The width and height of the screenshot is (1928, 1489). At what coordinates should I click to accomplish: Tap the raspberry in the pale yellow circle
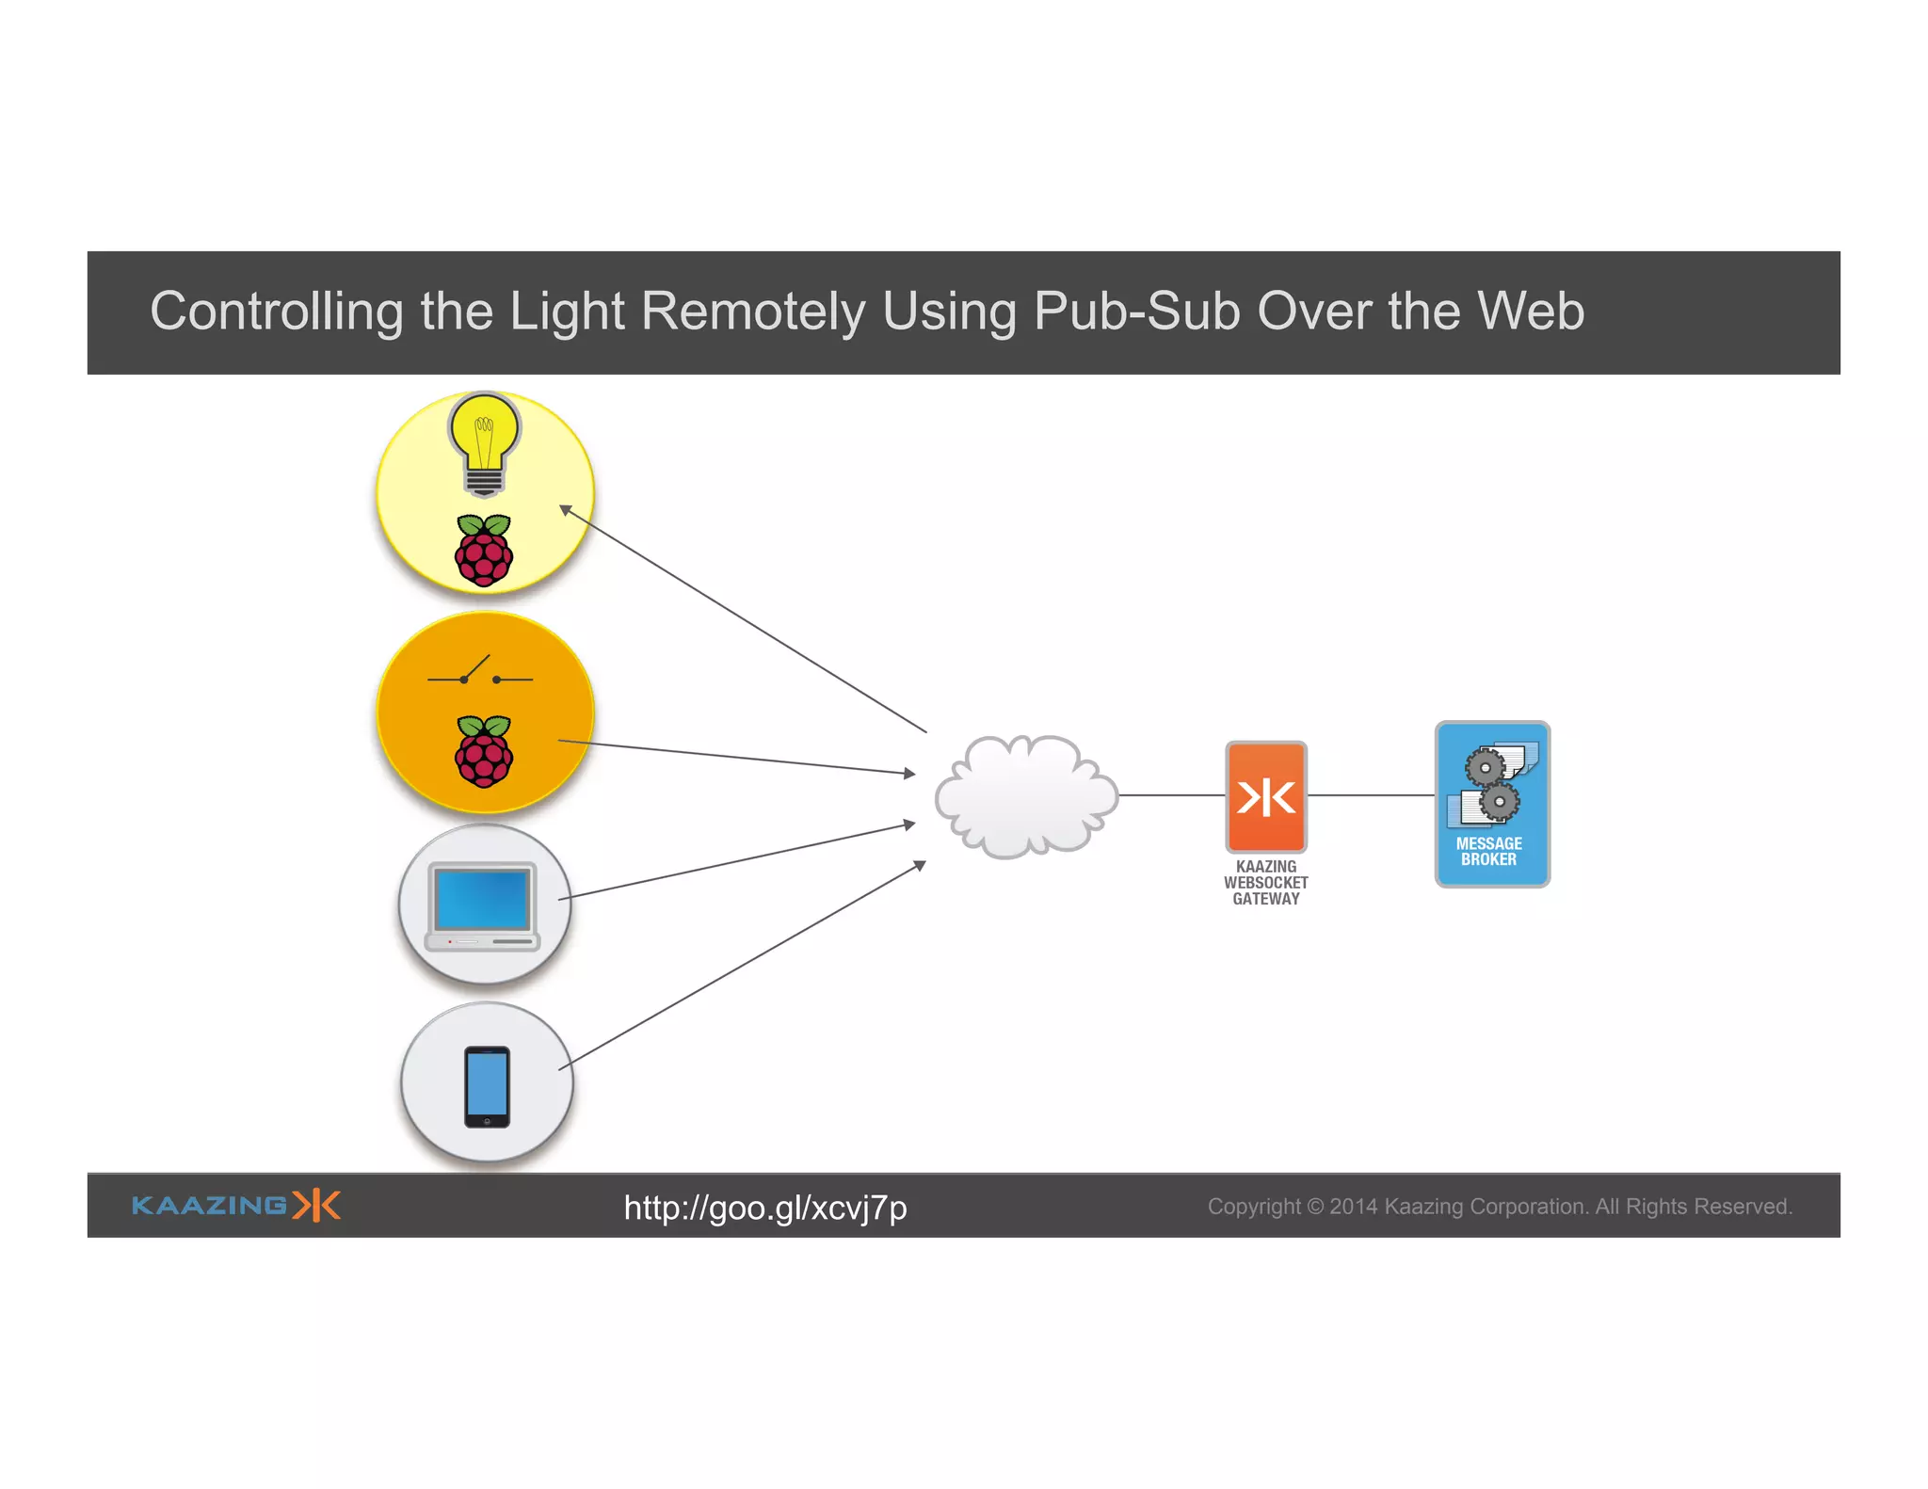pos(484,551)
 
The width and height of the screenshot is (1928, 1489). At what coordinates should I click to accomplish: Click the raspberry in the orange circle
pos(484,751)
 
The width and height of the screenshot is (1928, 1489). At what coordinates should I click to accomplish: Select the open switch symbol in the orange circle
pos(480,673)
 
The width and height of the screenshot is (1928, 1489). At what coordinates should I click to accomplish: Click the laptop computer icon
pos(483,906)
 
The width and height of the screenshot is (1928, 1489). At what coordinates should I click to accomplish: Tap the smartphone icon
pos(487,1086)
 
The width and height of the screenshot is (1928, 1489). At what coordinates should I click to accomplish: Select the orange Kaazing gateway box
pos(1265,796)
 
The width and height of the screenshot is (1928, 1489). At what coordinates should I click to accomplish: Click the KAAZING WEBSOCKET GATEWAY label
pos(1265,883)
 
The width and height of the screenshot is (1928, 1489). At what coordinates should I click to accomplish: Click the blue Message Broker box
pos(1492,805)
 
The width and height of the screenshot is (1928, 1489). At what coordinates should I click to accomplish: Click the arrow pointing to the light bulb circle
pos(744,619)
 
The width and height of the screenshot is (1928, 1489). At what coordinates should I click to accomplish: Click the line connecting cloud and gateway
pos(1172,795)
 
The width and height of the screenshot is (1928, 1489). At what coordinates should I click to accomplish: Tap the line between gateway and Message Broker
pos(1371,795)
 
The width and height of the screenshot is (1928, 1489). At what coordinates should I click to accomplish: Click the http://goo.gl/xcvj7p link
pos(764,1208)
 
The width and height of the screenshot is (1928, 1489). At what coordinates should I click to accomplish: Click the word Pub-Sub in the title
pos(1137,311)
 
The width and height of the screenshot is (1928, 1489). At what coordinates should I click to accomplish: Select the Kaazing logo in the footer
pos(235,1206)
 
